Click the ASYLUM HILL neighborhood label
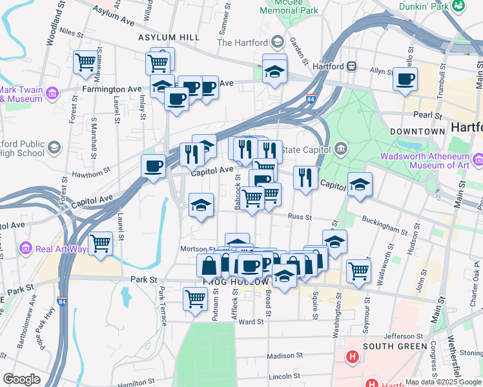coord(169,37)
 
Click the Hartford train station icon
coord(353,66)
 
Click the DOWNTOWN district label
coord(418,131)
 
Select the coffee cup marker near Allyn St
coord(405,79)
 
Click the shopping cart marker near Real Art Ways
coord(100,243)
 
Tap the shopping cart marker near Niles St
coord(85,62)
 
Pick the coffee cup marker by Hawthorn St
coord(153,166)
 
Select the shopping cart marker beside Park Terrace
coord(196,298)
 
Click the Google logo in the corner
coord(21,379)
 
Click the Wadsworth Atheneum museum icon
coord(477,159)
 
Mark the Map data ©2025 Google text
coord(442,382)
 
